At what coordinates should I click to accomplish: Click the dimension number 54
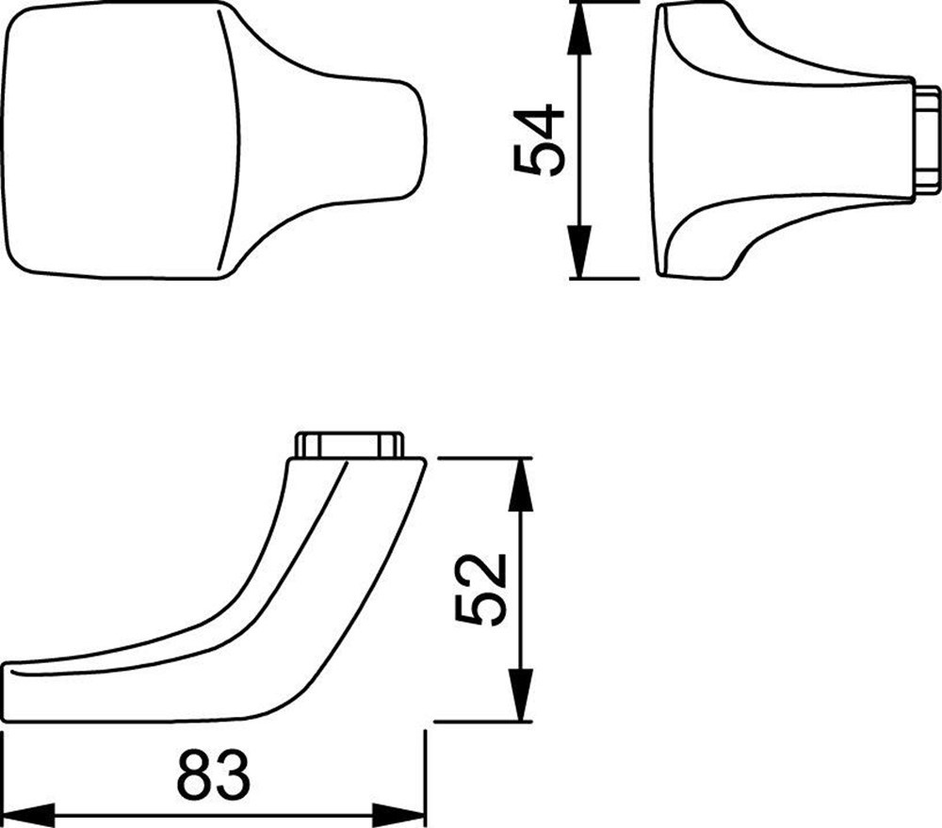pos(540,141)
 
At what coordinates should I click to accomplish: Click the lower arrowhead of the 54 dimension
pos(580,254)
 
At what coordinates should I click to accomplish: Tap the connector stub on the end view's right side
pos(927,142)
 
